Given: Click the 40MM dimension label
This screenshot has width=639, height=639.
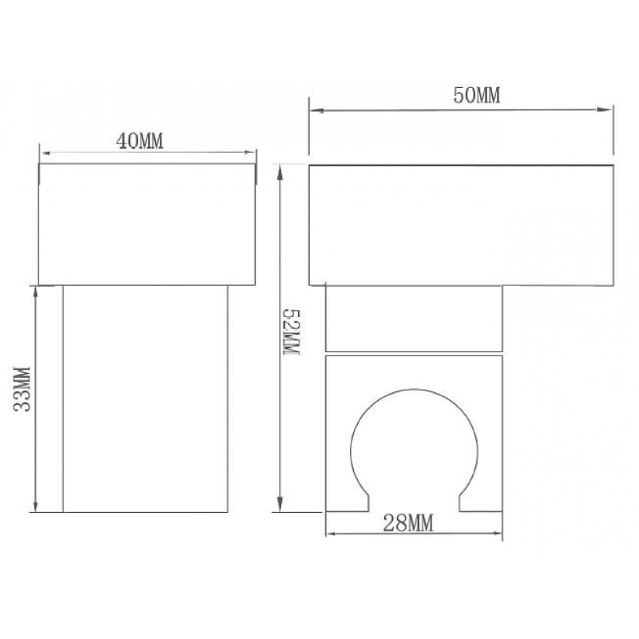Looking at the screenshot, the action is tap(140, 141).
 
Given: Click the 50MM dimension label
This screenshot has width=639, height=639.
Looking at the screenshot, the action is tap(476, 95).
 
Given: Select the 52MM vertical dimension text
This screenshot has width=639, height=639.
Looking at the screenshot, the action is tap(292, 332).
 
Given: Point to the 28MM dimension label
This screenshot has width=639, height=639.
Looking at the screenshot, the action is tap(408, 523).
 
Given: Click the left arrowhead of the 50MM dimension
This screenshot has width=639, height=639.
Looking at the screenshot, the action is tap(316, 110).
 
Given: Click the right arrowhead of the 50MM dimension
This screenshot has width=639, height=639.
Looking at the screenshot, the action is tap(605, 109).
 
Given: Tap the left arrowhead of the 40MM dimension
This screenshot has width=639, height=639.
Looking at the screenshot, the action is tap(46, 153).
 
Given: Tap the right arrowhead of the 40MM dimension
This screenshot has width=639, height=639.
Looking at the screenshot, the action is tap(249, 153).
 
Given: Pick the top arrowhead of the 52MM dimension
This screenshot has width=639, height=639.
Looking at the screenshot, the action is tap(280, 173).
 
